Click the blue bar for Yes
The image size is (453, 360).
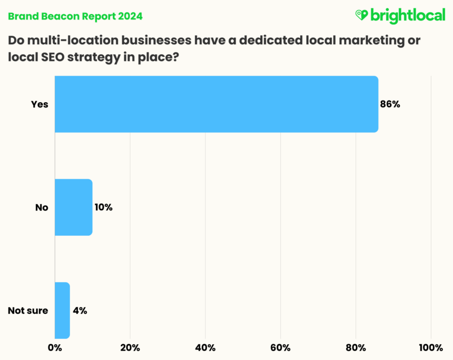click(x=216, y=104)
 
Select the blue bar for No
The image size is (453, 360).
click(x=74, y=207)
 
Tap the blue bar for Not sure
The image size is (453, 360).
click(x=62, y=311)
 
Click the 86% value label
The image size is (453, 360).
click(x=390, y=104)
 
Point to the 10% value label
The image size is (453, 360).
click(x=104, y=207)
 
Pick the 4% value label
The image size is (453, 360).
click(x=80, y=311)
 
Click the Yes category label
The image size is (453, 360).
click(x=40, y=104)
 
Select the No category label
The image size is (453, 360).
click(x=42, y=207)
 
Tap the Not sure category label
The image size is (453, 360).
click(x=28, y=311)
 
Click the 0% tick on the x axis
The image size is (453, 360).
click(x=55, y=347)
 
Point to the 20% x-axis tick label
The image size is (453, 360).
click(x=130, y=347)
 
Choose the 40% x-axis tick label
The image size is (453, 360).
click(x=205, y=347)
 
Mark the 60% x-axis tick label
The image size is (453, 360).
click(x=281, y=347)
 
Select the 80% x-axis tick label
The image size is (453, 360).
click(x=356, y=347)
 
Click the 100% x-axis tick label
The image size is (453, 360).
click(x=431, y=347)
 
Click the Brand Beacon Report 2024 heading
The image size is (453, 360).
click(x=75, y=16)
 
